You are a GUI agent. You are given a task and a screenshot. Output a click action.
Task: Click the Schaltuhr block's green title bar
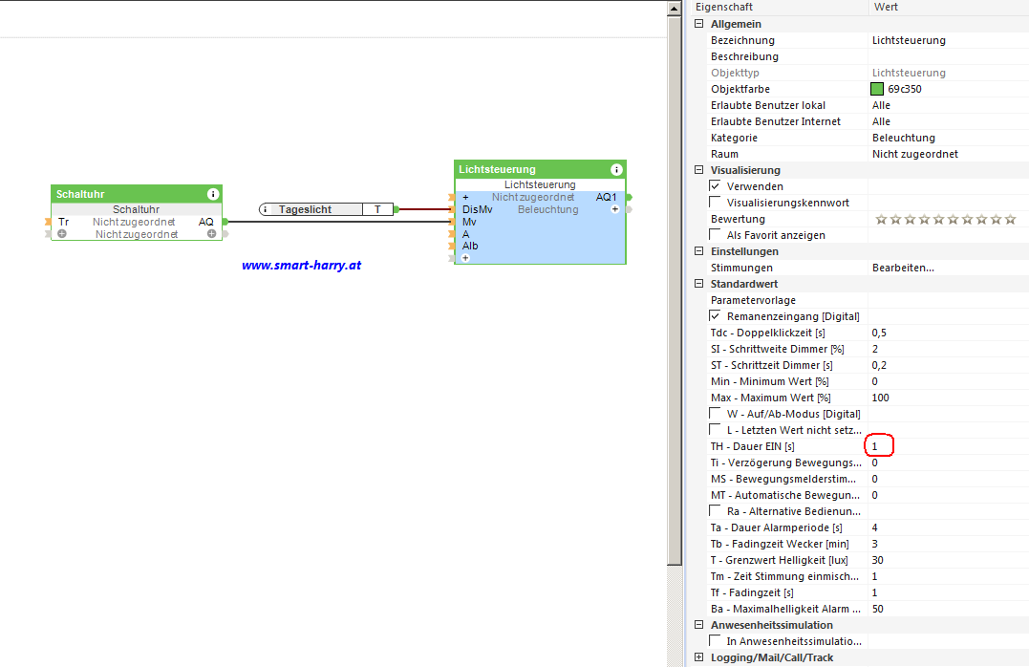point(124,194)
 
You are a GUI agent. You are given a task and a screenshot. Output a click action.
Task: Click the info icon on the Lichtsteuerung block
point(617,169)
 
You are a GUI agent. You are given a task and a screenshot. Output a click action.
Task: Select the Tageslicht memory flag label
point(305,209)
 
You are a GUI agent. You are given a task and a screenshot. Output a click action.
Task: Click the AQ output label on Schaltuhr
point(206,222)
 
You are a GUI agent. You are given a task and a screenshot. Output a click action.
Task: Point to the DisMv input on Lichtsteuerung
point(477,209)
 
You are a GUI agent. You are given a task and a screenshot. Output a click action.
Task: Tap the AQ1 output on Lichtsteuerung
point(606,197)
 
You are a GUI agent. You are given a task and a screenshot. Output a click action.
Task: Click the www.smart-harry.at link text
point(301,266)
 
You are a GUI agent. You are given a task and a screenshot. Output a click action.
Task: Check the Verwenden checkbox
point(716,186)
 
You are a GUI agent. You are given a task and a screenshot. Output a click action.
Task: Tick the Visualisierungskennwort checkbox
point(716,203)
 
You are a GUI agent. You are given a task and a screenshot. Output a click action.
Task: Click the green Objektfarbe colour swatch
point(877,89)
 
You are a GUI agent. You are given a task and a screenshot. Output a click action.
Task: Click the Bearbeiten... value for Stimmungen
point(903,268)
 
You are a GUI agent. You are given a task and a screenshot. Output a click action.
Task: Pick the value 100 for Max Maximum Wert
point(880,398)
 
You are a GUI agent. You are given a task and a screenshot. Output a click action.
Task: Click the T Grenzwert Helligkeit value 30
point(878,560)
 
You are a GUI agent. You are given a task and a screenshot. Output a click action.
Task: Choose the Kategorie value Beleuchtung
point(903,138)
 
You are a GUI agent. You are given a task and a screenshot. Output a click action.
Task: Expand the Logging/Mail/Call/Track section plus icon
point(699,657)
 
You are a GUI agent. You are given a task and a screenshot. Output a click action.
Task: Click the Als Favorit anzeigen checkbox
point(716,235)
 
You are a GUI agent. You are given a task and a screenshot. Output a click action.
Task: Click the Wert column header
point(886,7)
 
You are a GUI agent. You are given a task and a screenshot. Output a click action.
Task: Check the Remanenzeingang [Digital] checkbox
point(716,316)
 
